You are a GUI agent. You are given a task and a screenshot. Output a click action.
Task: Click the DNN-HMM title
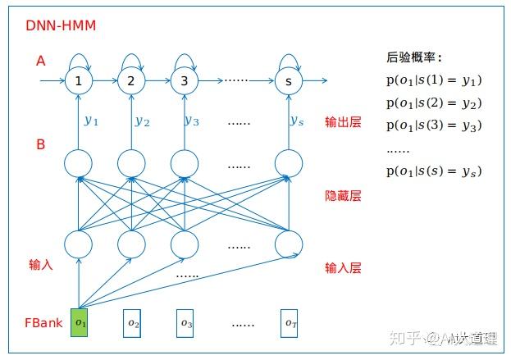pos(62,26)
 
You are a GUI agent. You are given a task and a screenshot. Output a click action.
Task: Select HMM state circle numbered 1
pos(79,80)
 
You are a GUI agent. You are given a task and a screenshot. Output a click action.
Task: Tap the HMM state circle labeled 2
pos(130,80)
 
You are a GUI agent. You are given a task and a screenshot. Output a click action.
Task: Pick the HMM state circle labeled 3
pos(184,80)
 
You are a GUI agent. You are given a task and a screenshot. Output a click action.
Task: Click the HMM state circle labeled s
pos(288,80)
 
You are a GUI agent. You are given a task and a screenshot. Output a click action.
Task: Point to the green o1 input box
pos(80,322)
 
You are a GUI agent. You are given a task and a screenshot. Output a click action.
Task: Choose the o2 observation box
pos(133,322)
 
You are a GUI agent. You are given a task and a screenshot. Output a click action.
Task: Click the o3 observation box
pos(185,322)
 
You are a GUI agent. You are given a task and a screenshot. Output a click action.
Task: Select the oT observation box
pos(289,322)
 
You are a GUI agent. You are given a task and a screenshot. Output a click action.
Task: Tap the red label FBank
pos(43,322)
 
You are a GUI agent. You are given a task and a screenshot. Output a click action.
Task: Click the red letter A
pos(40,61)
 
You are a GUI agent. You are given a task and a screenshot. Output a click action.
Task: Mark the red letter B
pos(40,144)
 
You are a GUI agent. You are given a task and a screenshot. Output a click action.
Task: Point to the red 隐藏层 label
pos(343,196)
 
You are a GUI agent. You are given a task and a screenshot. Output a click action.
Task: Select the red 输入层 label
pos(343,267)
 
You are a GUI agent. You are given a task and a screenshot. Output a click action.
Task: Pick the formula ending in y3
pos(432,125)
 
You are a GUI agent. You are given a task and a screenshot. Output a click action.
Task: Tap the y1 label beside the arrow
pos(91,120)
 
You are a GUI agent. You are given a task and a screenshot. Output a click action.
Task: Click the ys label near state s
pos(297,120)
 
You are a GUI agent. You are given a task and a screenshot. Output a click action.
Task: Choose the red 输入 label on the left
pos(40,264)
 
